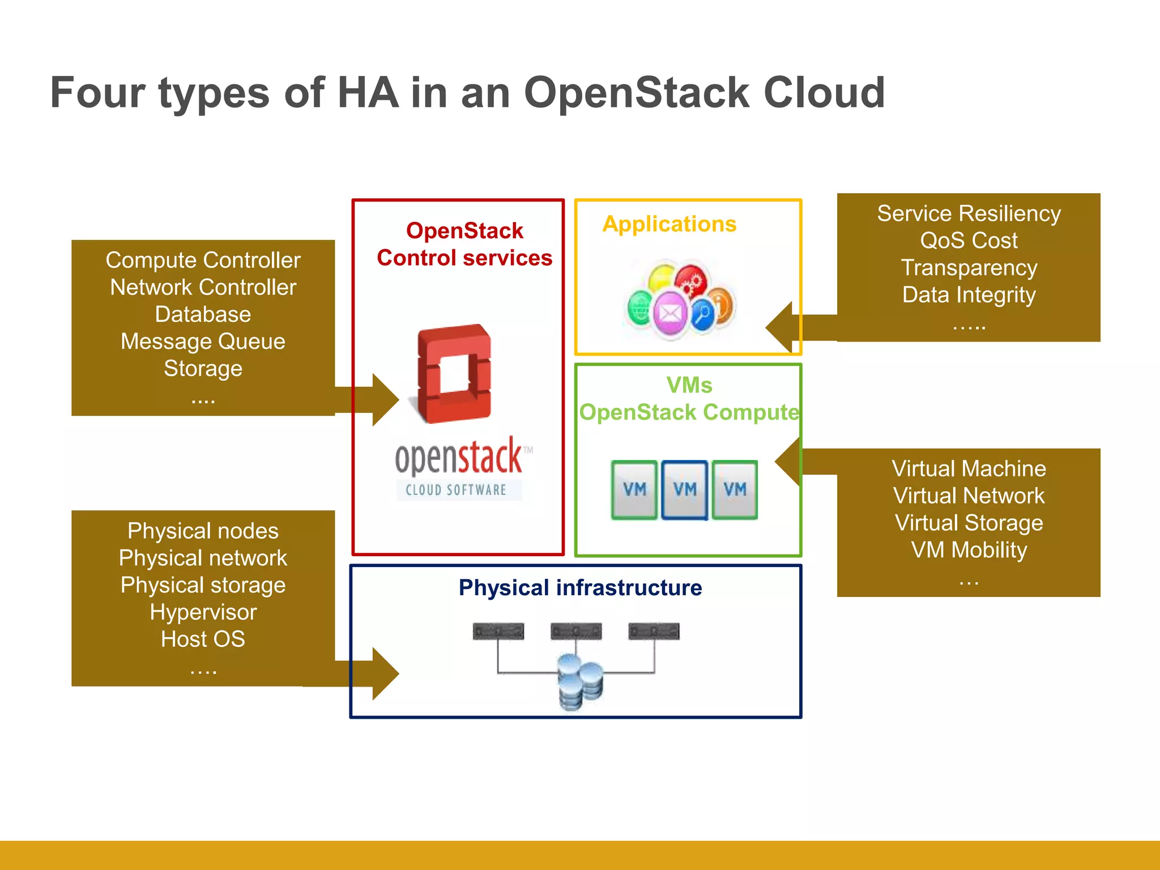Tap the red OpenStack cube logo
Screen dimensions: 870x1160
(x=454, y=374)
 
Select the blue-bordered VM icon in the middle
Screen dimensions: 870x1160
(x=684, y=490)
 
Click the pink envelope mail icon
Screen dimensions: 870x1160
(x=670, y=313)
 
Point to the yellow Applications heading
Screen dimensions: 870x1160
(x=669, y=224)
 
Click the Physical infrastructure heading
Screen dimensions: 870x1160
(x=580, y=588)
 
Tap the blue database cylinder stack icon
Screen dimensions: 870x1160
(x=579, y=681)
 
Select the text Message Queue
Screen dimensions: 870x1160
(x=203, y=342)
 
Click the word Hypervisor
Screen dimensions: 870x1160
(x=203, y=612)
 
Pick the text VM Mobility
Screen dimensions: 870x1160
(x=969, y=550)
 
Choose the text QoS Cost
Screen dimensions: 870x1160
(x=969, y=241)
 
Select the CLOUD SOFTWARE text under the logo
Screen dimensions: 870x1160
(x=456, y=490)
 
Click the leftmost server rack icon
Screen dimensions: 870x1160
(x=498, y=631)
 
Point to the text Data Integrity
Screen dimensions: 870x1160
(x=969, y=295)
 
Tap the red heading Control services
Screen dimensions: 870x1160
(x=464, y=258)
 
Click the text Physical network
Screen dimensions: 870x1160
(x=203, y=558)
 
